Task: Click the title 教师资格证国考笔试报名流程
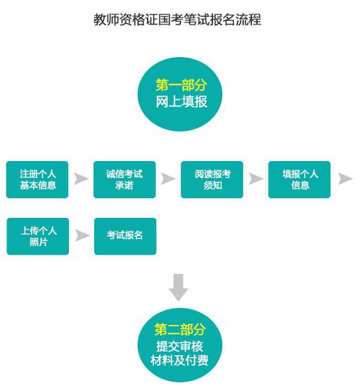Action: click(x=177, y=20)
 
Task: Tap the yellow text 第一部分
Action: click(x=181, y=85)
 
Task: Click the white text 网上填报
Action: click(x=181, y=101)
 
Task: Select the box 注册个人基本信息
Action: click(x=37, y=179)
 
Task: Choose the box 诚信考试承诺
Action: click(x=124, y=179)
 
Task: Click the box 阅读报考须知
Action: click(x=212, y=179)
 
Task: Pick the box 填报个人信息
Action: click(x=300, y=179)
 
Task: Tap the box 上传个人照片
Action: click(x=38, y=236)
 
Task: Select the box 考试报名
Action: click(x=125, y=236)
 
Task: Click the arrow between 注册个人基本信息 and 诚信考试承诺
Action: click(x=81, y=179)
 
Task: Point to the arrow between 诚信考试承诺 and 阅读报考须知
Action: click(x=167, y=179)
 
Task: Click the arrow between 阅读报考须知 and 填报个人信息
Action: click(x=256, y=179)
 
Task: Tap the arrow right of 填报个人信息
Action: click(x=345, y=179)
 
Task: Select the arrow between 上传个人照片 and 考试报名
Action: click(x=82, y=236)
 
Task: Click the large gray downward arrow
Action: click(x=179, y=288)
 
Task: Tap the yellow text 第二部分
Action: click(x=180, y=329)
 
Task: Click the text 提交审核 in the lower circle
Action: click(x=179, y=347)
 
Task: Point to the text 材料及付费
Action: click(x=179, y=361)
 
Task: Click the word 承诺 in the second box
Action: click(x=124, y=186)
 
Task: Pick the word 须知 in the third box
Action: click(x=212, y=186)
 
